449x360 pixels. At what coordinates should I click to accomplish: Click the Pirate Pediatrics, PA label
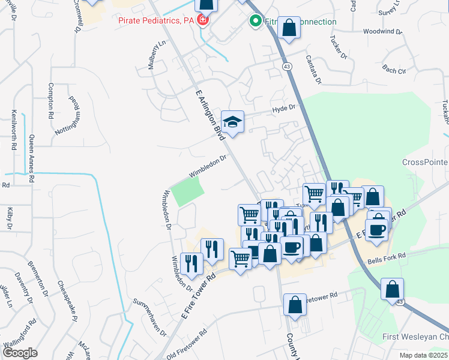point(157,20)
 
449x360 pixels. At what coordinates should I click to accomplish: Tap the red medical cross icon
point(203,20)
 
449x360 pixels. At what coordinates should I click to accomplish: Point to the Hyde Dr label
point(285,109)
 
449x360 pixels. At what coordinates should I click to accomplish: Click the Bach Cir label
point(394,70)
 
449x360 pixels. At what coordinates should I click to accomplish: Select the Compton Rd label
point(51,99)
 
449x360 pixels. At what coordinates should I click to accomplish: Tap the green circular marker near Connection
point(255,22)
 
